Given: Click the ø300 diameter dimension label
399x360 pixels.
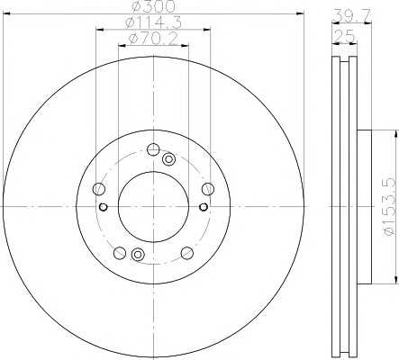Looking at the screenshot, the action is [x=153, y=6].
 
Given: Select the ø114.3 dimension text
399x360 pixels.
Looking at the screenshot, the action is [x=153, y=22].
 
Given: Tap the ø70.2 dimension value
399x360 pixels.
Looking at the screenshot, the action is [x=153, y=39].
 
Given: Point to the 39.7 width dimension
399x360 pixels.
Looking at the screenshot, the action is [x=352, y=14].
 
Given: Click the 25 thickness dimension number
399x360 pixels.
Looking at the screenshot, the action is [x=345, y=37].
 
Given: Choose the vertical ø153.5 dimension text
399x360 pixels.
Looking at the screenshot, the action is [x=389, y=206].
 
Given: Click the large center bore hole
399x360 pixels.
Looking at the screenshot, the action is [x=153, y=207].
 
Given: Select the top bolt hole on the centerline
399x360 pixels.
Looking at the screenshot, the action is [x=153, y=149].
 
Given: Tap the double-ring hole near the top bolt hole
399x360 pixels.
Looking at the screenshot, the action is [x=168, y=159].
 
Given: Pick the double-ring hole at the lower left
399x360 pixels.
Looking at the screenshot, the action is [x=138, y=255].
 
